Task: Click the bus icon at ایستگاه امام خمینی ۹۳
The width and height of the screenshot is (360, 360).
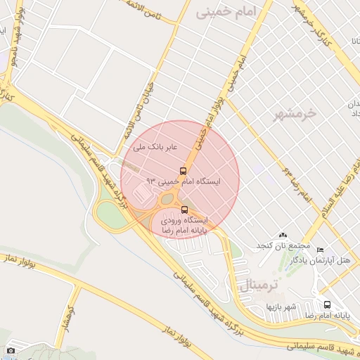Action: click(x=183, y=171)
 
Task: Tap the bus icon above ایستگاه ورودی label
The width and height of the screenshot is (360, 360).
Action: click(x=184, y=210)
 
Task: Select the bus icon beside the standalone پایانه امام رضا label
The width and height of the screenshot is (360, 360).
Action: click(x=327, y=304)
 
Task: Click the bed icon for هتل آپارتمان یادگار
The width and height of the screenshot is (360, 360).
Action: click(x=321, y=250)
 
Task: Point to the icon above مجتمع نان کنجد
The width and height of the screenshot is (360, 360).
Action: click(x=283, y=235)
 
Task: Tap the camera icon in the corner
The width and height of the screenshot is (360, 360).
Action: click(x=11, y=350)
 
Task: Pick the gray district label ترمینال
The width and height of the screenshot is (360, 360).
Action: click(x=260, y=285)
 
